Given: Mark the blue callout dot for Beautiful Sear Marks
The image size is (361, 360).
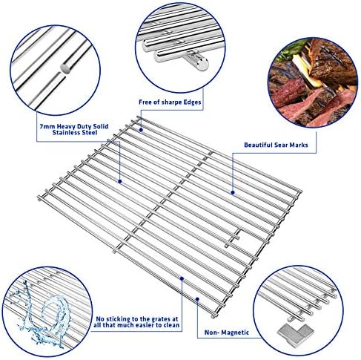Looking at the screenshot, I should point(233,191).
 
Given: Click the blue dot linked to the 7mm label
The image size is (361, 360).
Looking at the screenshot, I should point(119,179).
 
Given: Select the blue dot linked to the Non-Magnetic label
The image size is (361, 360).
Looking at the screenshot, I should point(197,297).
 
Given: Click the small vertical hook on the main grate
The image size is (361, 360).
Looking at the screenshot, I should point(239,235).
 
